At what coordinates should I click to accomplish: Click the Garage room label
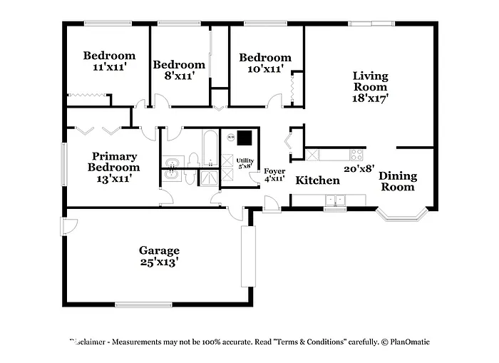159,250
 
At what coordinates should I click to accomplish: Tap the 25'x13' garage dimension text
159,262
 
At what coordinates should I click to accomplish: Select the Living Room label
371,81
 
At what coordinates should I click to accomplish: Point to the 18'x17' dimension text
371,98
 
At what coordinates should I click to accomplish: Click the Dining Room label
397,181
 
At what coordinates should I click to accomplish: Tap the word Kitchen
317,180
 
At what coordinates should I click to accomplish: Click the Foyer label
274,171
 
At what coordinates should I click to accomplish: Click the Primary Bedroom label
114,162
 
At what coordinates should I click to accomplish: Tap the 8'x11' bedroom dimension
179,75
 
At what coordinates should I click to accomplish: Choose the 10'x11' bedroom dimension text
264,69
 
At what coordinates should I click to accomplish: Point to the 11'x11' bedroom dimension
109,66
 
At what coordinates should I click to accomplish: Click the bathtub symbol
210,148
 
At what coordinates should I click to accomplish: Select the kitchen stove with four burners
357,154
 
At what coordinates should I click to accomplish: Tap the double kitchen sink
333,200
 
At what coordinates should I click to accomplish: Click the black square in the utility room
245,137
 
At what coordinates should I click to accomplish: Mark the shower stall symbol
209,178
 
